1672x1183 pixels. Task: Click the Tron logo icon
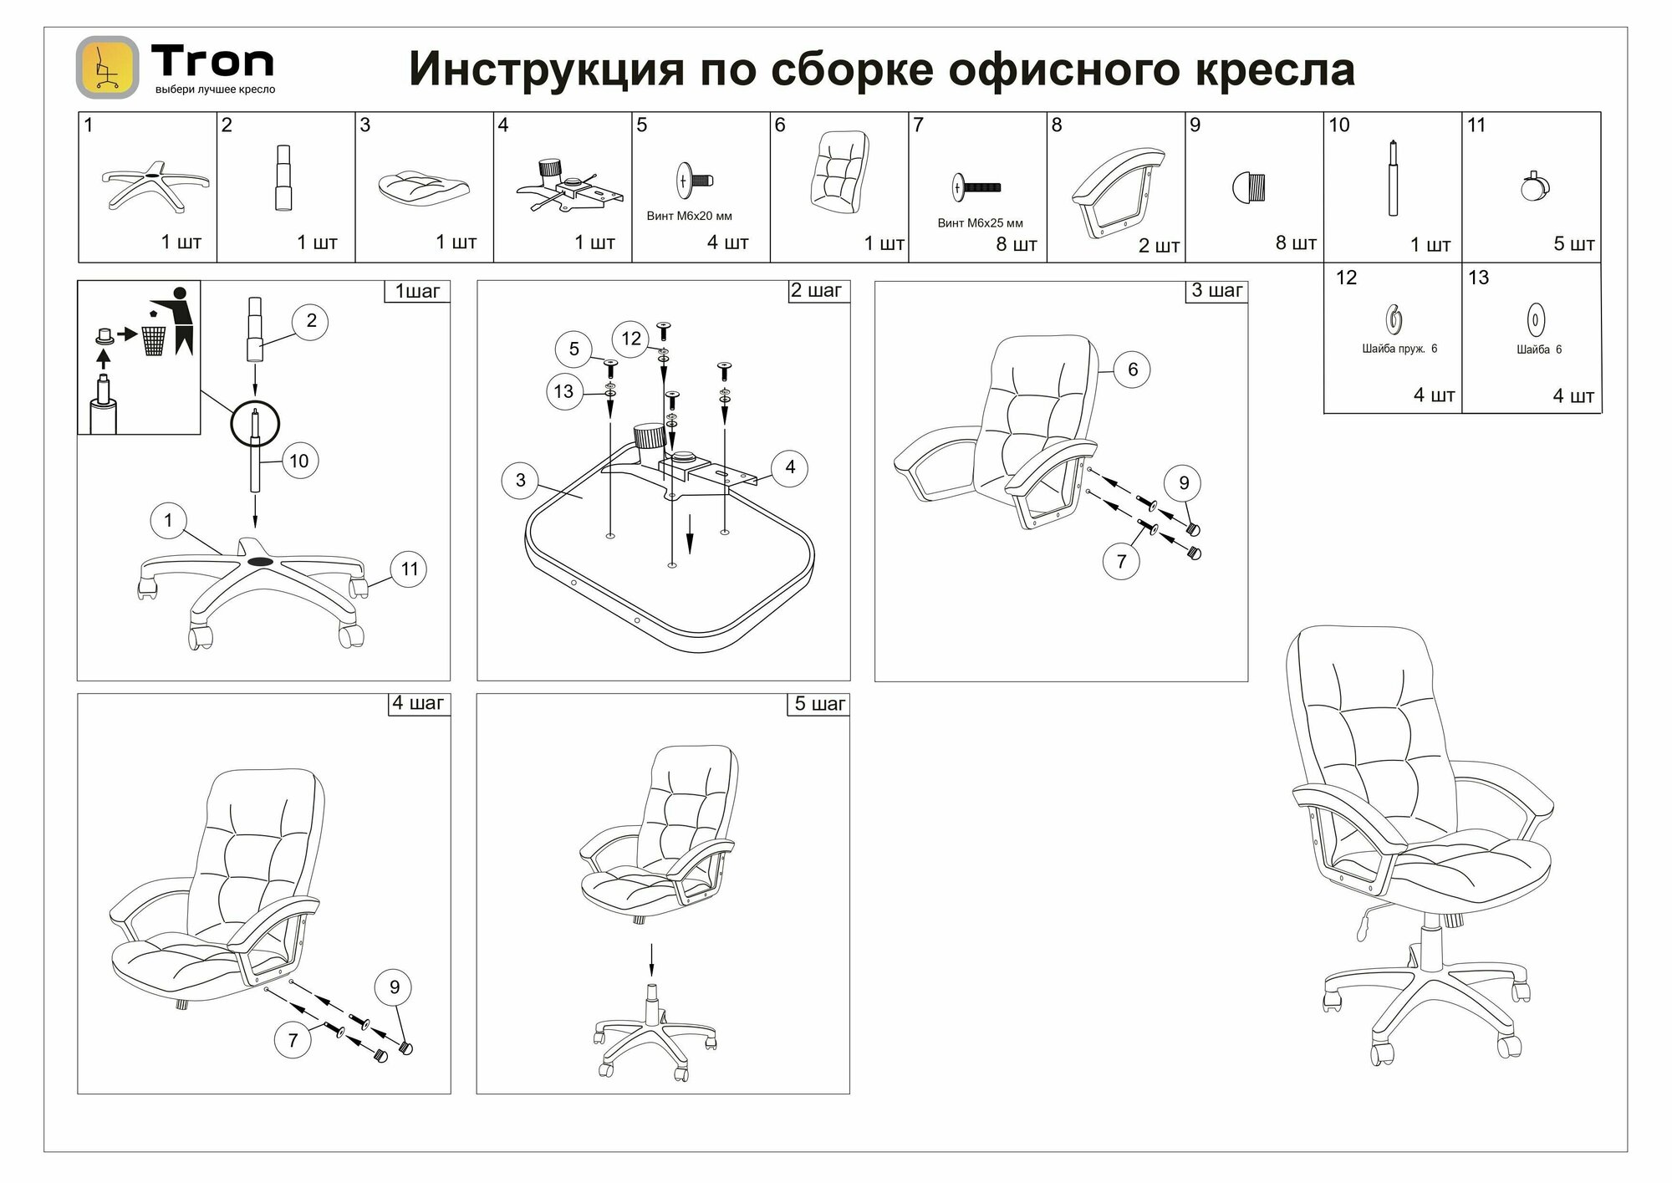pos(107,67)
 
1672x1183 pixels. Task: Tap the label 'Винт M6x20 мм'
pos(689,216)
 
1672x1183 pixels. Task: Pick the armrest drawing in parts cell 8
pos(1117,191)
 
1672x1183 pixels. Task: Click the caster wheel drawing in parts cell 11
pos(1532,187)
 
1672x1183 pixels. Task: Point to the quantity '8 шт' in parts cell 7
pos(1016,245)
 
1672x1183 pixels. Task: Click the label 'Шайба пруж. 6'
pos(1399,349)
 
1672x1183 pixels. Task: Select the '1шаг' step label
pos(417,291)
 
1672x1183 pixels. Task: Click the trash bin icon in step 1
pos(154,339)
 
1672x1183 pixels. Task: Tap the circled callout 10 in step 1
pos(298,461)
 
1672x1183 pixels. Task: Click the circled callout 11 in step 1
pos(409,569)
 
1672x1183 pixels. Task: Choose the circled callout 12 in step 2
pos(631,339)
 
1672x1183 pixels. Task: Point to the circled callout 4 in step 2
pos(790,467)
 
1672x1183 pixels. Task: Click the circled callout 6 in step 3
pos(1133,370)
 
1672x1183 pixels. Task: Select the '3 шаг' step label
pos(1216,291)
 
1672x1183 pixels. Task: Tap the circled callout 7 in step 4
pos(293,1040)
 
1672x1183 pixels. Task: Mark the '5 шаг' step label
pos(819,704)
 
